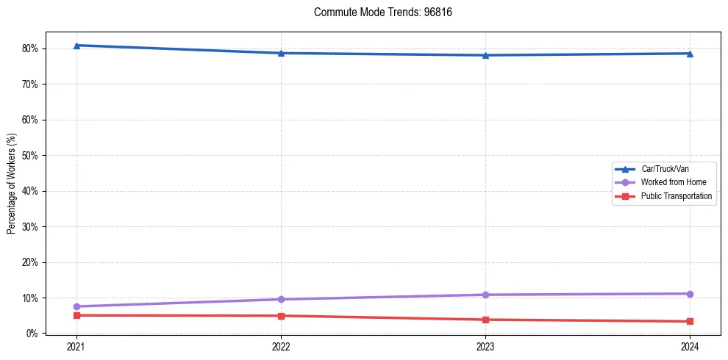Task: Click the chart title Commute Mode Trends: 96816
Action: [x=377, y=12]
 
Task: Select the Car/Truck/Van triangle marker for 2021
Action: [x=76, y=46]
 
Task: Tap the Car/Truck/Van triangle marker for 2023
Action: [x=485, y=55]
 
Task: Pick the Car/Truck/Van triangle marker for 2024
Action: [x=690, y=54]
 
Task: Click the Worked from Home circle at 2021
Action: [x=76, y=306]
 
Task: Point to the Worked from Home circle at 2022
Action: [x=281, y=299]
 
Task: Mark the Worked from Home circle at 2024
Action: [x=690, y=294]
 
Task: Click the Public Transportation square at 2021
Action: [x=76, y=315]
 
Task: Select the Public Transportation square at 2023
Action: [x=485, y=320]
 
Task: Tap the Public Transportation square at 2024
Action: [x=690, y=321]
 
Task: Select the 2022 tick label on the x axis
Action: [x=281, y=346]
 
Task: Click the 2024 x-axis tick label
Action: [x=690, y=346]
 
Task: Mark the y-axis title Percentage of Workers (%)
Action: [x=11, y=184]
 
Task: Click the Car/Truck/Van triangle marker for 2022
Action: [x=281, y=53]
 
